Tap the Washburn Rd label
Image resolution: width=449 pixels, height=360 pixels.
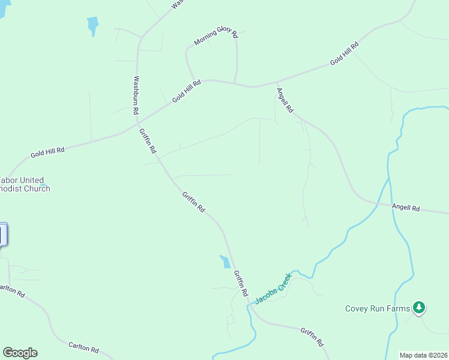136,95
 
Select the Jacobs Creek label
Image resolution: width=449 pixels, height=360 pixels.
273,289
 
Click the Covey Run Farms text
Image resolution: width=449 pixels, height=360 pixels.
378,309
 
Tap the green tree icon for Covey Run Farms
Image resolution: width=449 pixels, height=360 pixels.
419,308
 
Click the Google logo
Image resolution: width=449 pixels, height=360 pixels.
20,353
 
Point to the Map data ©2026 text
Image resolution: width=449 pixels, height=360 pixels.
424,355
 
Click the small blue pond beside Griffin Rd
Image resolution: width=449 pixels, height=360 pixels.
225,261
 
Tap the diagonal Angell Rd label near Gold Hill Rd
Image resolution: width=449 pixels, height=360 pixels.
285,101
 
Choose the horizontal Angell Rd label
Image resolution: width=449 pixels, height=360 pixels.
406,208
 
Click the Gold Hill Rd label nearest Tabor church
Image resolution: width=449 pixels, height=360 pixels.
47,152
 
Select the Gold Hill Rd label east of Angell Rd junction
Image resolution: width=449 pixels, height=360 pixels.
344,53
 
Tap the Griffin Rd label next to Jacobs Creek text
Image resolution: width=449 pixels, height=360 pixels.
241,283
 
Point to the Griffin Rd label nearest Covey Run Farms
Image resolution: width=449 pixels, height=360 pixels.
312,337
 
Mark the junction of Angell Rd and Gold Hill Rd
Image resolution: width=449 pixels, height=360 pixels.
277,82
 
